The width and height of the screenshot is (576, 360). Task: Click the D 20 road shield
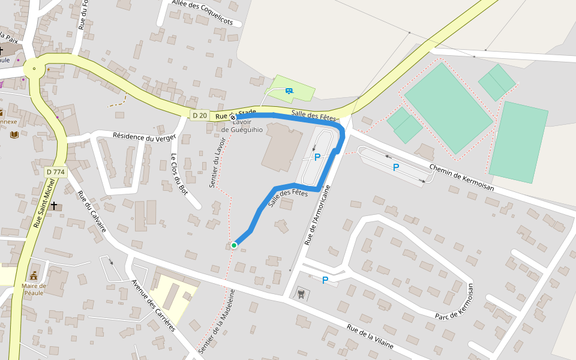click(200, 115)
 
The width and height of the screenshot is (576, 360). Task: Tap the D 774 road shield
click(55, 172)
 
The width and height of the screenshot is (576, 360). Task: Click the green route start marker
click(234, 245)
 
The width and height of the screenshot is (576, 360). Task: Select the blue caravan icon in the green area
click(289, 91)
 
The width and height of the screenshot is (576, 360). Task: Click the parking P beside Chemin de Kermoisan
click(396, 167)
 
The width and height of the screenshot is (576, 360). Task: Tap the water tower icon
click(301, 294)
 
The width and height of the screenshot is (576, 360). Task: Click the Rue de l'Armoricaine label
click(317, 215)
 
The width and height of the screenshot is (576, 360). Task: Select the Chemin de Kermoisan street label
click(461, 178)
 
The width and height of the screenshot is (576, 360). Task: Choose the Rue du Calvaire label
click(92, 211)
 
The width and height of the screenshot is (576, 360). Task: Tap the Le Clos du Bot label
click(179, 175)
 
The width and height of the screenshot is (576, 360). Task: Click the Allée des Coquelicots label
click(202, 13)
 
